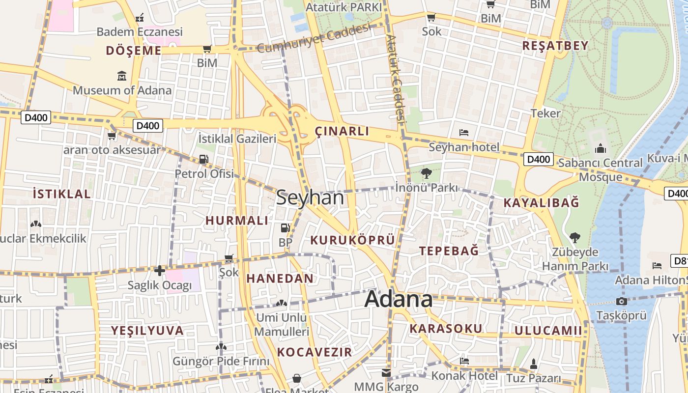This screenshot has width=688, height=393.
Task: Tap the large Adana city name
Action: point(399,299)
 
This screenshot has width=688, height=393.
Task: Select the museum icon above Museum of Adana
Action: point(122,76)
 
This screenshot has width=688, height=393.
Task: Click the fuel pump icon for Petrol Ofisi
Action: point(203,159)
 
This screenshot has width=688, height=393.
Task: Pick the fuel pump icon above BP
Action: point(285,228)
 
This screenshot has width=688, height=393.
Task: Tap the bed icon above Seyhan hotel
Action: point(463,133)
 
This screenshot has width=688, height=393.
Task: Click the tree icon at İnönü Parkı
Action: point(426,173)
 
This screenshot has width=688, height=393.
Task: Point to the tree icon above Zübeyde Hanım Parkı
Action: point(574,238)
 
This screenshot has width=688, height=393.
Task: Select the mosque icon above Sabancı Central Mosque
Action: point(601,148)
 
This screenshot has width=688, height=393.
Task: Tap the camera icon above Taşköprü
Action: point(621,301)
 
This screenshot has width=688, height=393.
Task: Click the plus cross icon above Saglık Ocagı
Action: point(159,270)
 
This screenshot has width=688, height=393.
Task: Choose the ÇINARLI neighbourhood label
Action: point(342,131)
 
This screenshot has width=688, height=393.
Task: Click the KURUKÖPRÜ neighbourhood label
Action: point(352,240)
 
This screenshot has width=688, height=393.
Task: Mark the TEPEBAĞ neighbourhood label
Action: point(449,251)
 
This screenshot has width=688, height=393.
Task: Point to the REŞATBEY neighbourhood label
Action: point(555,46)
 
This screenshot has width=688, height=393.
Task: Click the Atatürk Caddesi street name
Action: point(396,78)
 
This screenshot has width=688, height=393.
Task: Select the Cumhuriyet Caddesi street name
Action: point(313,39)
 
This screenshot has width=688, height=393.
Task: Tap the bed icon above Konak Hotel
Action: point(464,361)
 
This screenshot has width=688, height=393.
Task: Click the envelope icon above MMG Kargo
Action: point(386,373)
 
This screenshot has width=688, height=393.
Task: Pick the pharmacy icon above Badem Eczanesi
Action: point(140,18)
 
